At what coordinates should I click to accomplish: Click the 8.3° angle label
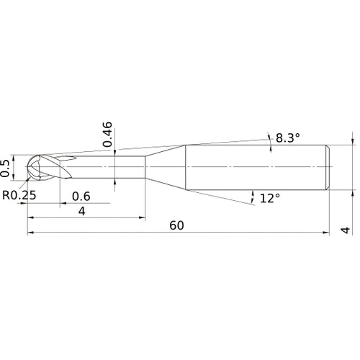tap(287, 138)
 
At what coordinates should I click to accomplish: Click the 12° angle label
tap(270, 198)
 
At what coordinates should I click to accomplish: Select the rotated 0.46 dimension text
tap(107, 134)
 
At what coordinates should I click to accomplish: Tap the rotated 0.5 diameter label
tap(4, 168)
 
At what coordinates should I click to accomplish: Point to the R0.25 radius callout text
tap(19, 195)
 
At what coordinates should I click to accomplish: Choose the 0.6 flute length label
tap(81, 197)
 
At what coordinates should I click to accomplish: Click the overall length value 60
tap(176, 225)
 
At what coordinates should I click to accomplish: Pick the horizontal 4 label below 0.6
tap(82, 212)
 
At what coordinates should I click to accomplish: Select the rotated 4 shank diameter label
tap(346, 230)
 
